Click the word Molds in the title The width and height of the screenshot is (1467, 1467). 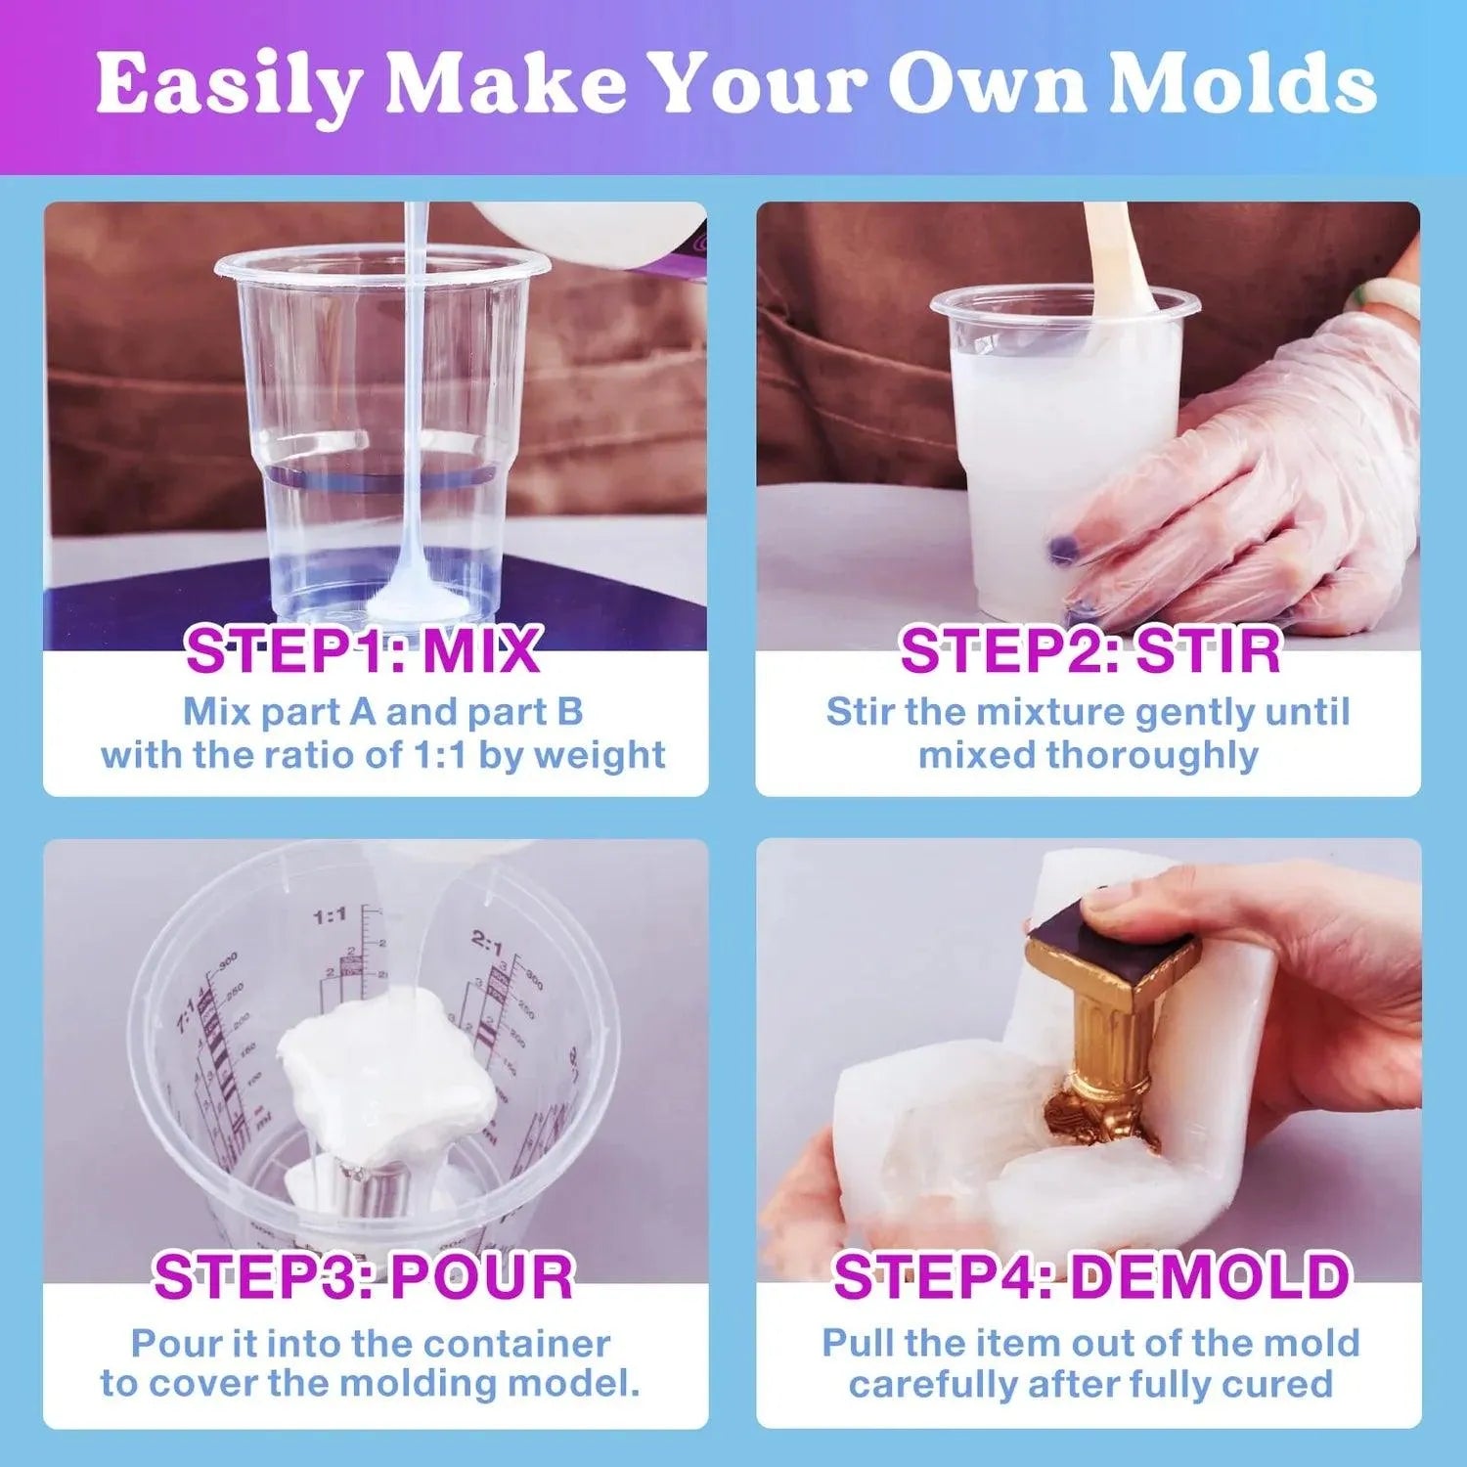tap(1242, 86)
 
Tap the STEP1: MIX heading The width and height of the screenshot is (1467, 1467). tap(363, 651)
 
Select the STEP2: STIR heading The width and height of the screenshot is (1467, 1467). tap(1089, 651)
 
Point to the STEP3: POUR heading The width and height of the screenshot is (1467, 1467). tap(363, 1277)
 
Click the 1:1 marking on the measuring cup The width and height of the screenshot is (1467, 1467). tap(330, 916)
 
